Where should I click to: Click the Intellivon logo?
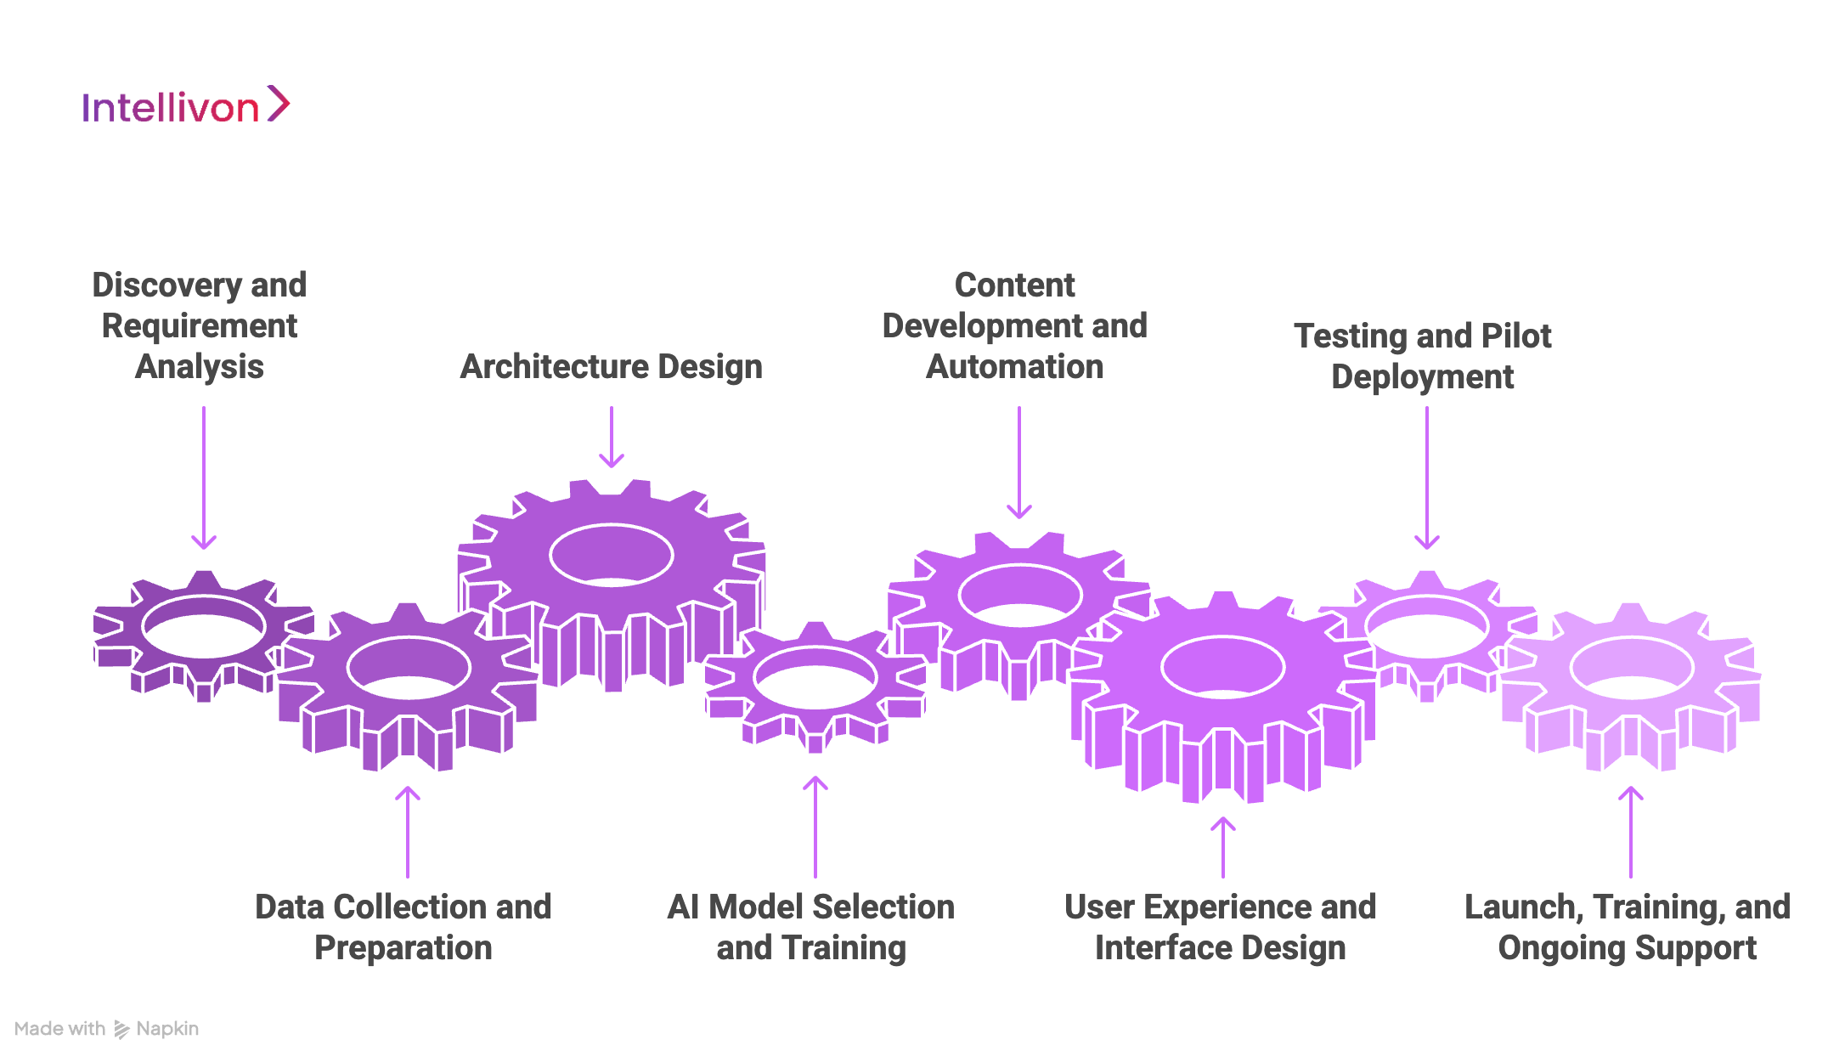coord(185,106)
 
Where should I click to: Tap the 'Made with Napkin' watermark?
coord(106,1029)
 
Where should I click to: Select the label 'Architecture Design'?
coord(611,367)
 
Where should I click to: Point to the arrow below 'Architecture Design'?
coord(612,437)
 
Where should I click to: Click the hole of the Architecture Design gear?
coord(612,556)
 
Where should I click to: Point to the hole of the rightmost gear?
coord(1631,668)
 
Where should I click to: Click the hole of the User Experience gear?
coord(1223,666)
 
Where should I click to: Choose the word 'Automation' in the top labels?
coord(1015,367)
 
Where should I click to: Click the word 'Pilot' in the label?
coord(1515,336)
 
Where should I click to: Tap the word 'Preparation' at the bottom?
coord(403,948)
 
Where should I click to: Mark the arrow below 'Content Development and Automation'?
coord(1019,462)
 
